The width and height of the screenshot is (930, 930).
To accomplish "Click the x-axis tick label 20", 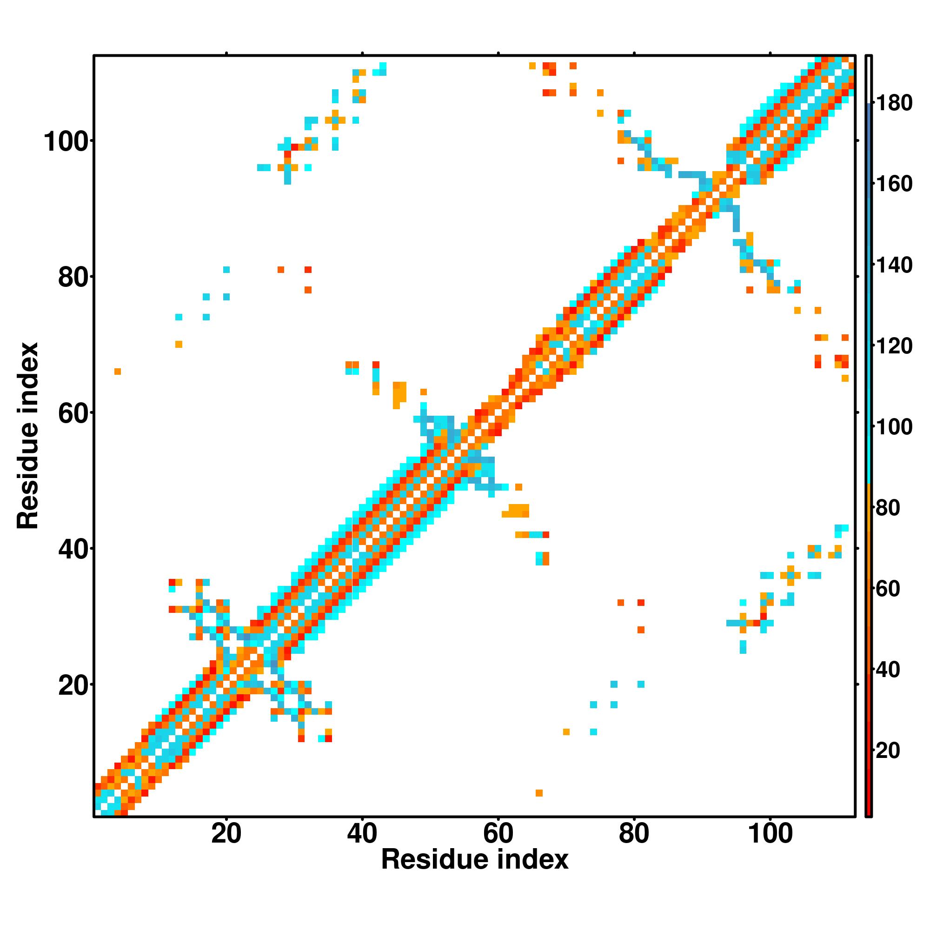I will [x=226, y=834].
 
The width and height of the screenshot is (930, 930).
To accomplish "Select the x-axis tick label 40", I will [x=362, y=834].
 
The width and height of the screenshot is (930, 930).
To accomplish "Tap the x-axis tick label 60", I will [x=498, y=834].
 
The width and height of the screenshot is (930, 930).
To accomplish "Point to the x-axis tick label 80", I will [x=634, y=834].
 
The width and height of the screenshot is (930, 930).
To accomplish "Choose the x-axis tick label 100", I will [x=770, y=834].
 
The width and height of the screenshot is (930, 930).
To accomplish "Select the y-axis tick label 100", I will [x=67, y=142].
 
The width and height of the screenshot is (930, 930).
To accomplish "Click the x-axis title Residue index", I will [x=475, y=860].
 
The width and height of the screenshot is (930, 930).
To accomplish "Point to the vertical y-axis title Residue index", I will [x=27, y=436].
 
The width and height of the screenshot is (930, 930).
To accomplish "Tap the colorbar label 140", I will [x=894, y=265].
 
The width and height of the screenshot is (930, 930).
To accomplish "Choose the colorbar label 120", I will [x=894, y=346].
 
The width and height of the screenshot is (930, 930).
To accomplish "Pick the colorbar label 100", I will [x=894, y=427].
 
